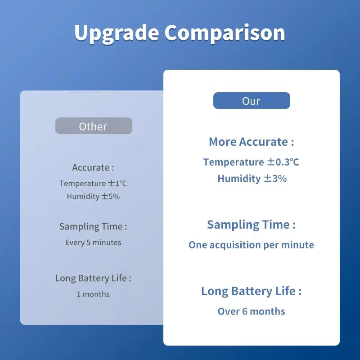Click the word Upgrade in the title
[x=116, y=33]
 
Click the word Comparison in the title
[x=224, y=33]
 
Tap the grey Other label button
[x=94, y=126]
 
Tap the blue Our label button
[x=251, y=101]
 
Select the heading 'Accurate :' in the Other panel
[x=93, y=167]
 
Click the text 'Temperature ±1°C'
[x=93, y=184]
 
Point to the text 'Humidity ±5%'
[x=93, y=196]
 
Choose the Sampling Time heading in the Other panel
[x=93, y=226]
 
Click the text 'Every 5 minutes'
[x=93, y=243]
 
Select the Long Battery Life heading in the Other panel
[x=93, y=278]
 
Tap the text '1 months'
[x=93, y=294]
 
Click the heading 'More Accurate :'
[x=251, y=142]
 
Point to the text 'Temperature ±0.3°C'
[x=251, y=162]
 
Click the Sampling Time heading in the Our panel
[x=251, y=225]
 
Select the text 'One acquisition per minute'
[x=251, y=245]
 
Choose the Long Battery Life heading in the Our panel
[x=251, y=291]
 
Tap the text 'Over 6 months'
[x=251, y=311]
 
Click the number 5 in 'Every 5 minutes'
[x=89, y=243]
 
